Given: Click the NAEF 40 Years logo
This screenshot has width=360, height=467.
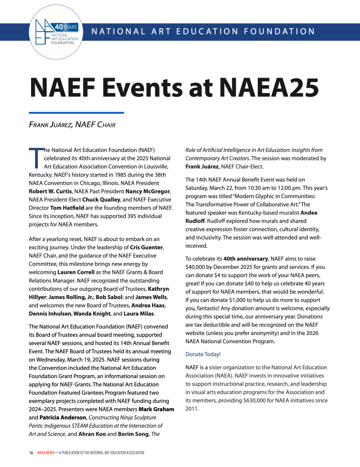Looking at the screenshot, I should coord(57,31).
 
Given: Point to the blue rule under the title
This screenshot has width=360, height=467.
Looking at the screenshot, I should coord(76,112).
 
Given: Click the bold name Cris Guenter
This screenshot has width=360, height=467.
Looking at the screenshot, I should coord(147,247).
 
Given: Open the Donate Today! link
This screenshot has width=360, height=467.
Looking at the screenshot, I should coord(203,354).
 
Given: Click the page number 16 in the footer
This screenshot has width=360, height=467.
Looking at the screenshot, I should coord(31,452).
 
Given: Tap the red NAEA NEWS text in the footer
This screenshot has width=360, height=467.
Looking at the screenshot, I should coord(46,452).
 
